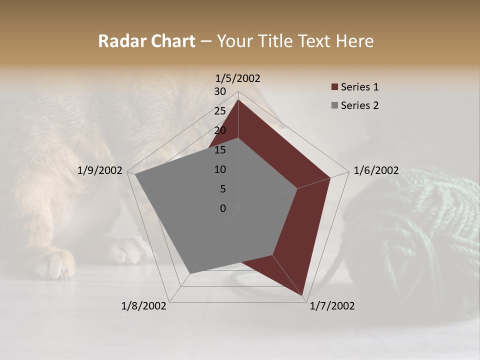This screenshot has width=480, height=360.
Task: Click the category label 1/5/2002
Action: (x=238, y=78)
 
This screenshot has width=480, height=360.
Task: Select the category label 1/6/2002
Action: (x=376, y=170)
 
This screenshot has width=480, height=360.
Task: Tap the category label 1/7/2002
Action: (x=332, y=306)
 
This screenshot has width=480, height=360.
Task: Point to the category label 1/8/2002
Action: (x=144, y=306)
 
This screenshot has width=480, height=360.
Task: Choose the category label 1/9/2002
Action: (x=100, y=170)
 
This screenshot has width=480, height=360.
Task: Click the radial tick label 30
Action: (x=220, y=91)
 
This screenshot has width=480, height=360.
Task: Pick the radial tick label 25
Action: (x=220, y=111)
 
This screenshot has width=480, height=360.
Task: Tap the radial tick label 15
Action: (x=220, y=150)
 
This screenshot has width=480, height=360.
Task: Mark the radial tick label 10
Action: (x=220, y=169)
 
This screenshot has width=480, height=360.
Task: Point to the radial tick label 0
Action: (x=223, y=208)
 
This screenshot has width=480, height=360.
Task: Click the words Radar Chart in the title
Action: (x=146, y=41)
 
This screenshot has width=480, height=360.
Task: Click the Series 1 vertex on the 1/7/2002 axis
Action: (x=302, y=295)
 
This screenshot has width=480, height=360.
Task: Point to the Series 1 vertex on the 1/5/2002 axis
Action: (x=238, y=99)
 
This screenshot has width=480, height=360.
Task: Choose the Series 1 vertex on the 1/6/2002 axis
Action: (x=330, y=177)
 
